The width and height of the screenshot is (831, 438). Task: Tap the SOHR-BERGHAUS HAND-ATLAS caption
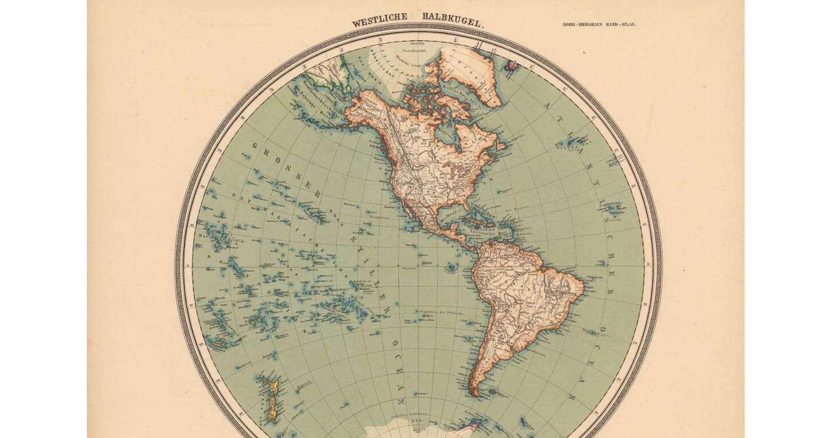click(599, 24)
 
